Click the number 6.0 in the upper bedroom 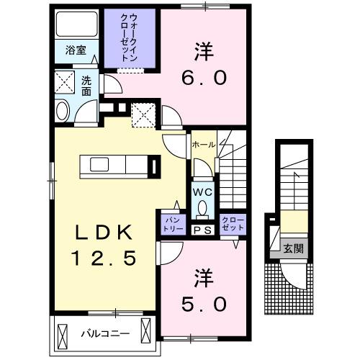(x=202, y=63)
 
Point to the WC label (x=202, y=192)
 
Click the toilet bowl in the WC (x=202, y=210)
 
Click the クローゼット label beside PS (x=232, y=221)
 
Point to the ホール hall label (x=203, y=144)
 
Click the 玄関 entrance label (x=292, y=249)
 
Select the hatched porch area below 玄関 (x=292, y=284)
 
